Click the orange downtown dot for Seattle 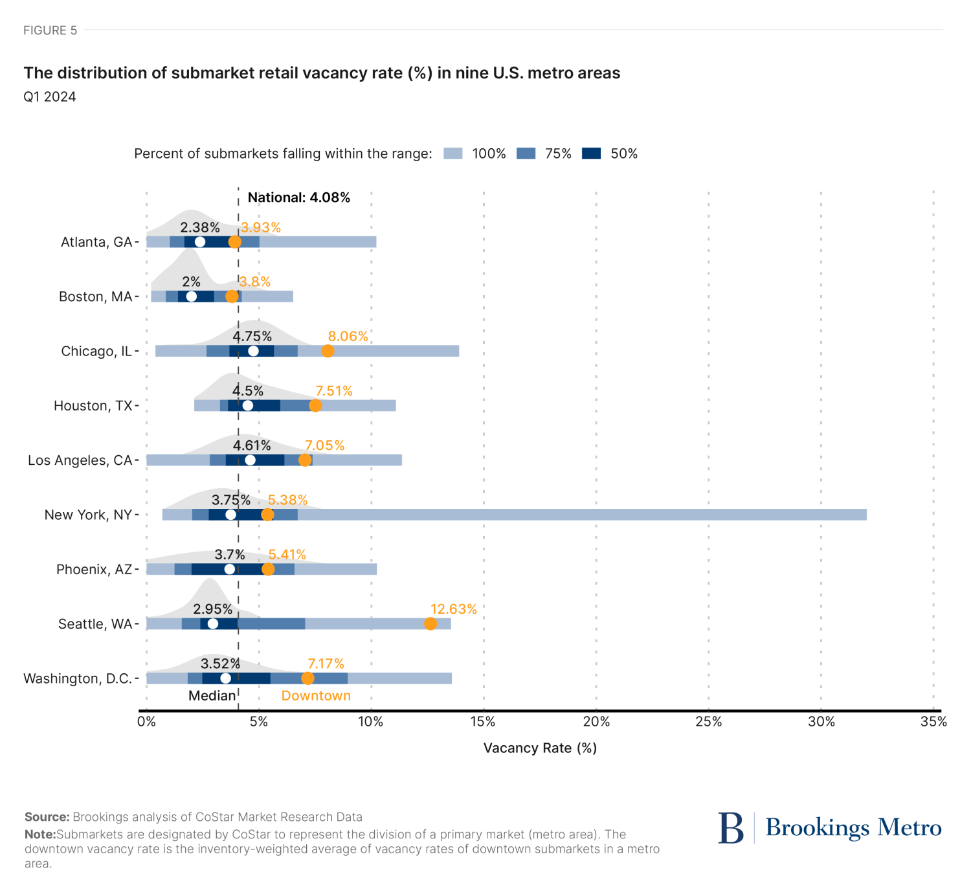(430, 623)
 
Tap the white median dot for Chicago (253, 351)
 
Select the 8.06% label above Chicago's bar (348, 336)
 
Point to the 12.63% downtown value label (453, 609)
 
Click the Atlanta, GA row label (96, 242)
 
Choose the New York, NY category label (88, 515)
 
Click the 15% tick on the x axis (484, 722)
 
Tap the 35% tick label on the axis (933, 722)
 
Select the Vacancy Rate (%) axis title (540, 748)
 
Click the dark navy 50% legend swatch (591, 153)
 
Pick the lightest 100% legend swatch (453, 153)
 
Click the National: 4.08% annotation (298, 197)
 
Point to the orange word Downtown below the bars (316, 696)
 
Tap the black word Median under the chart (212, 696)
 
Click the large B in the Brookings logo (731, 828)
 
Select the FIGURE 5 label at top (50, 30)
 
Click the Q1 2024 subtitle (50, 97)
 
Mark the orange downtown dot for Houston (315, 405)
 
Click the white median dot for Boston (191, 297)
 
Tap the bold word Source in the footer (47, 817)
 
